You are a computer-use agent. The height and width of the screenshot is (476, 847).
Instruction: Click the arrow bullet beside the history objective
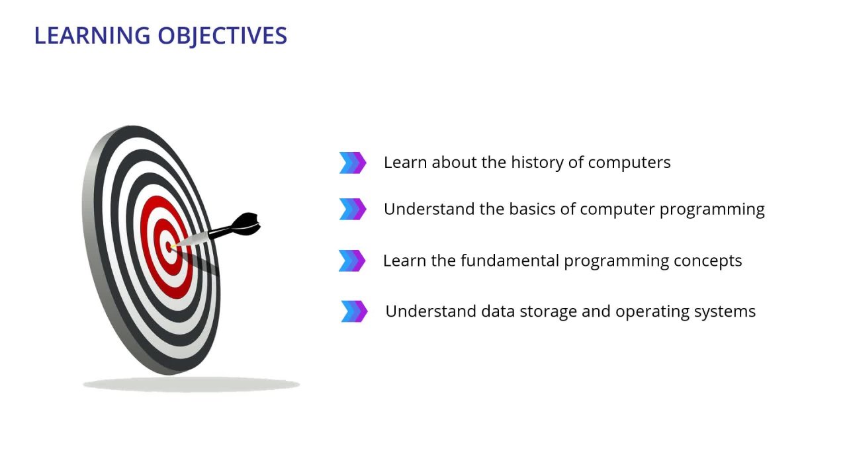pyautogui.click(x=352, y=163)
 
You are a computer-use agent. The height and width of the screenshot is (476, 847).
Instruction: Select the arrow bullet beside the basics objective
pyautogui.click(x=352, y=209)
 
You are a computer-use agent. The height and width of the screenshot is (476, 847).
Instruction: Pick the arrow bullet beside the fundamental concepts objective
pyautogui.click(x=351, y=260)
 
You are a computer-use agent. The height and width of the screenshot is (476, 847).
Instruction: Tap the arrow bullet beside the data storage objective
pyautogui.click(x=354, y=311)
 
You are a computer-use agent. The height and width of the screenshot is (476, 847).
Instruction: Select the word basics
pyautogui.click(x=531, y=209)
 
